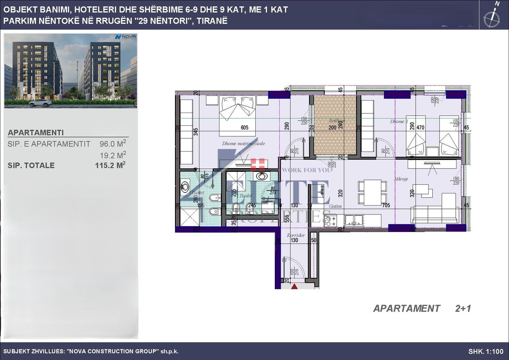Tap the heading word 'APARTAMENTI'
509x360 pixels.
pyautogui.click(x=36, y=133)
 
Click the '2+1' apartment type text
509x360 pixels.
pyautogui.click(x=463, y=308)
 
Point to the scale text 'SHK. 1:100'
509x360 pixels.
pyautogui.click(x=486, y=352)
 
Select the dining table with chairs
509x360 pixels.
pyautogui.click(x=372, y=192)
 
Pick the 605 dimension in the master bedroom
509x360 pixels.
pyautogui.click(x=244, y=128)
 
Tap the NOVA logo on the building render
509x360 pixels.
pyautogui.click(x=126, y=37)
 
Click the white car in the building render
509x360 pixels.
pyautogui.click(x=40, y=103)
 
